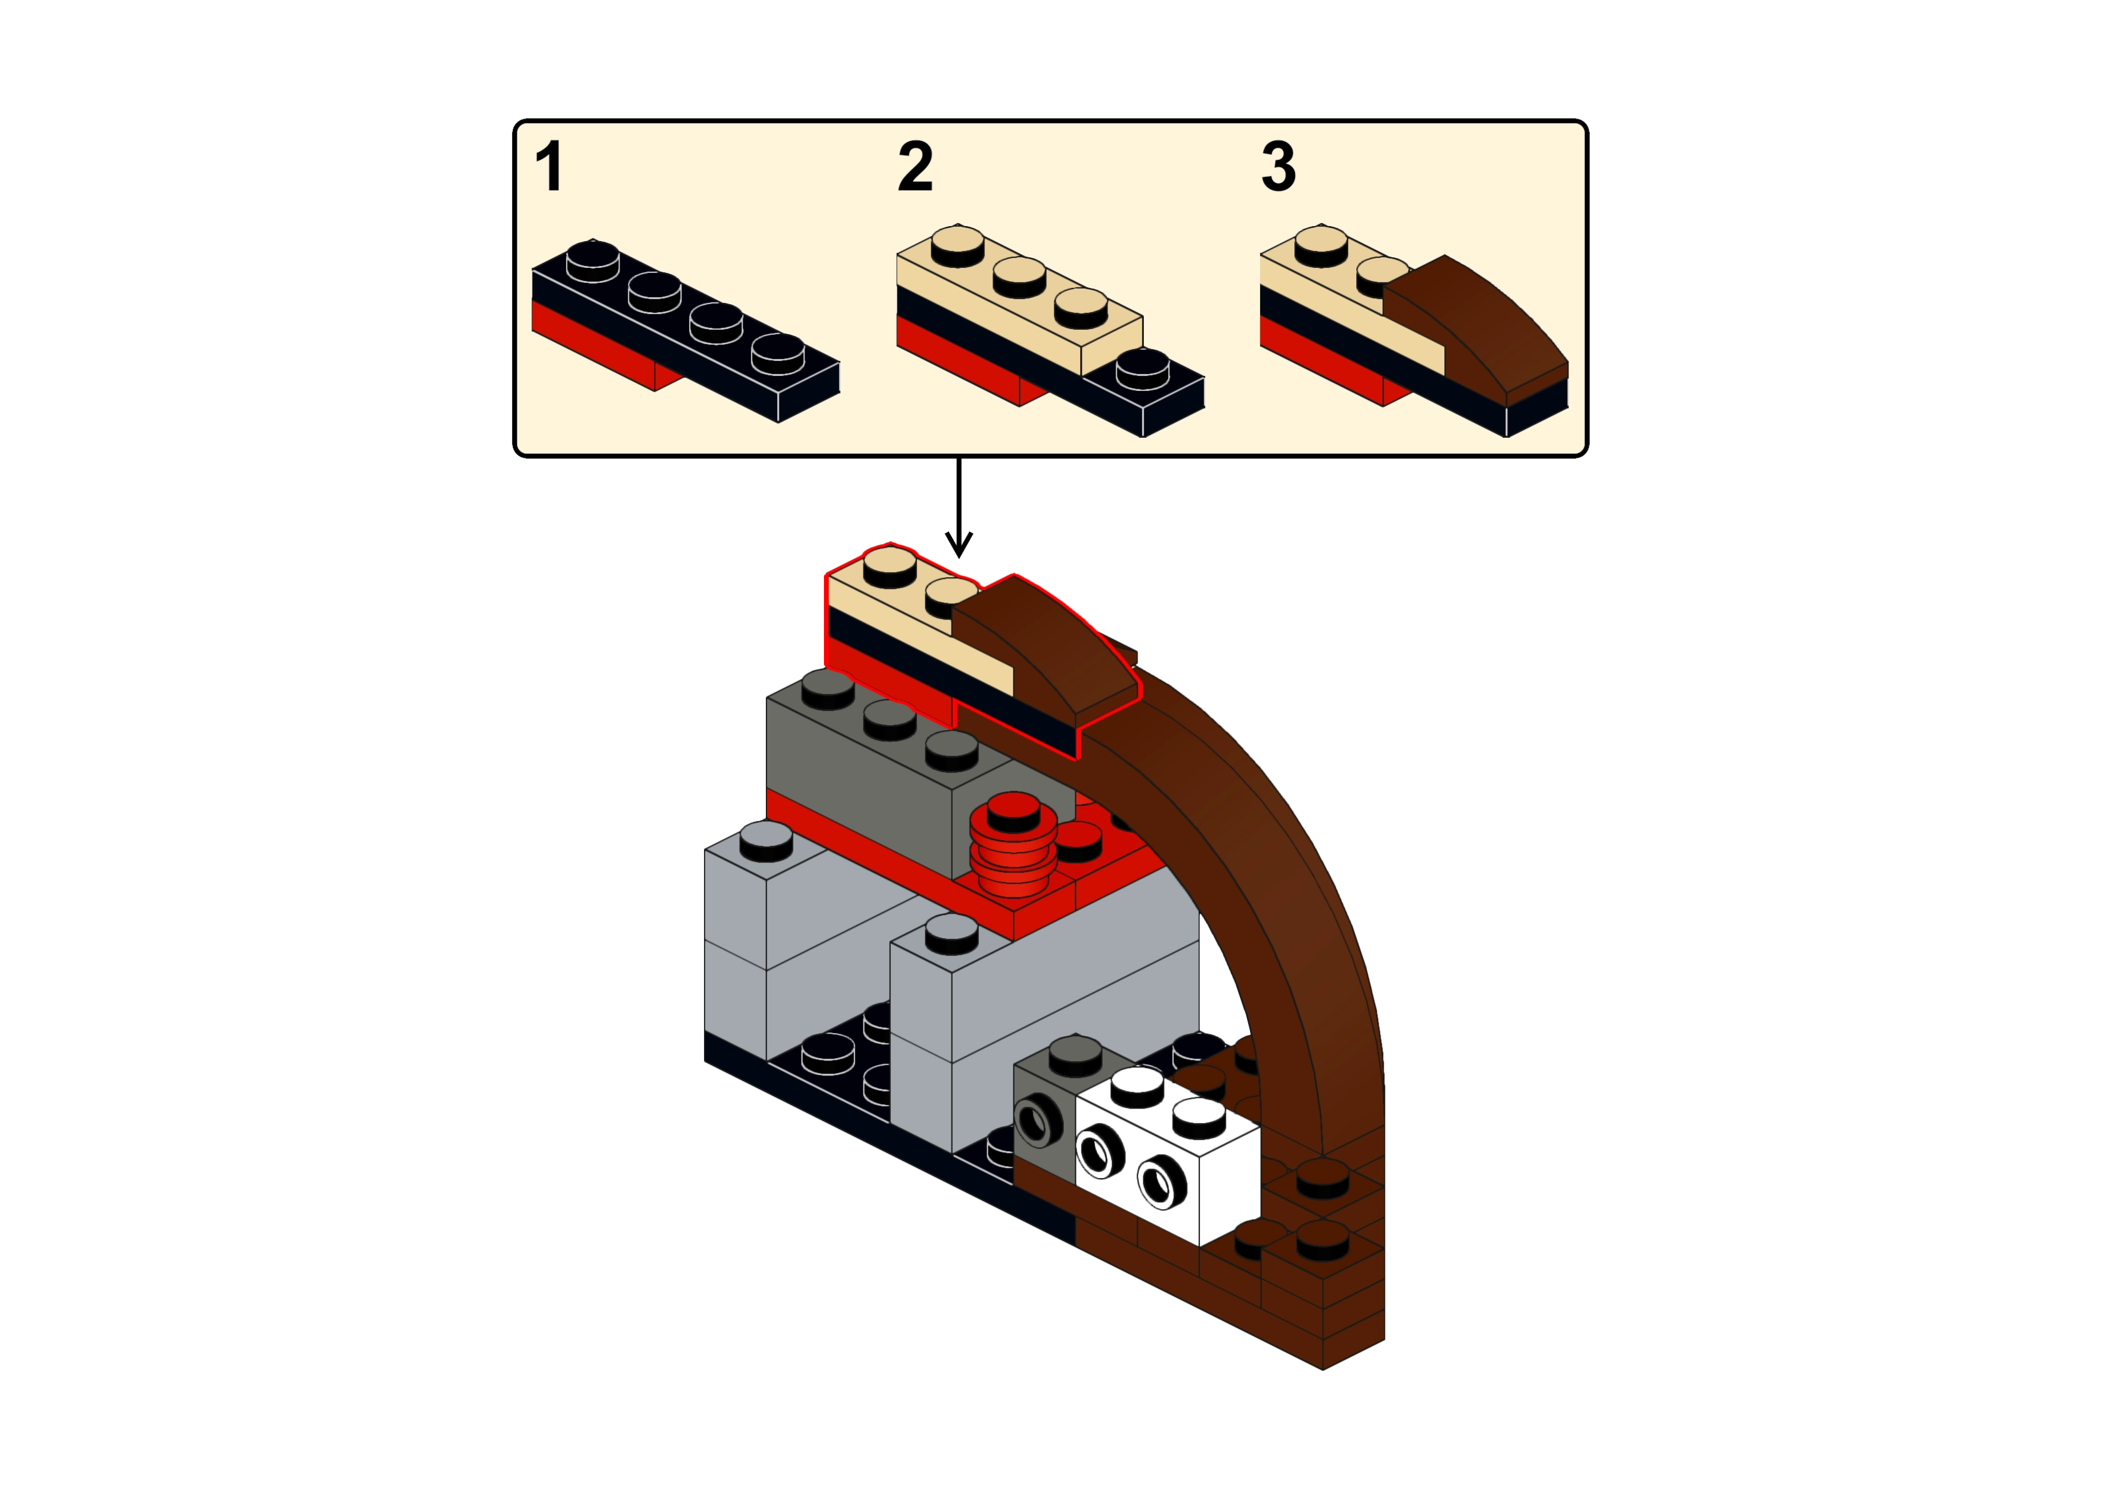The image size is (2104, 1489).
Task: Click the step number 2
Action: (x=915, y=168)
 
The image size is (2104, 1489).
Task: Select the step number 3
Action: (x=1279, y=168)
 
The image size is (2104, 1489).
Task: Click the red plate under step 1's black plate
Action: (x=587, y=344)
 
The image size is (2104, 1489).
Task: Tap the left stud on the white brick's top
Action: (x=1137, y=1085)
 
